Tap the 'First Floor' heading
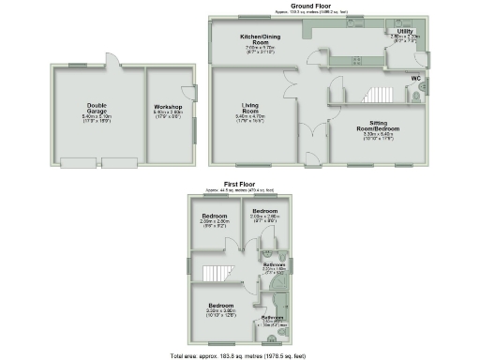(x=240, y=185)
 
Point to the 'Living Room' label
(x=250, y=110)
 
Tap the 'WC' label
(x=414, y=78)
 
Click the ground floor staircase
(x=378, y=96)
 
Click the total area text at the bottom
(x=239, y=356)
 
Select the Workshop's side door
(x=195, y=94)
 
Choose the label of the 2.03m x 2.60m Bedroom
(x=265, y=212)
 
